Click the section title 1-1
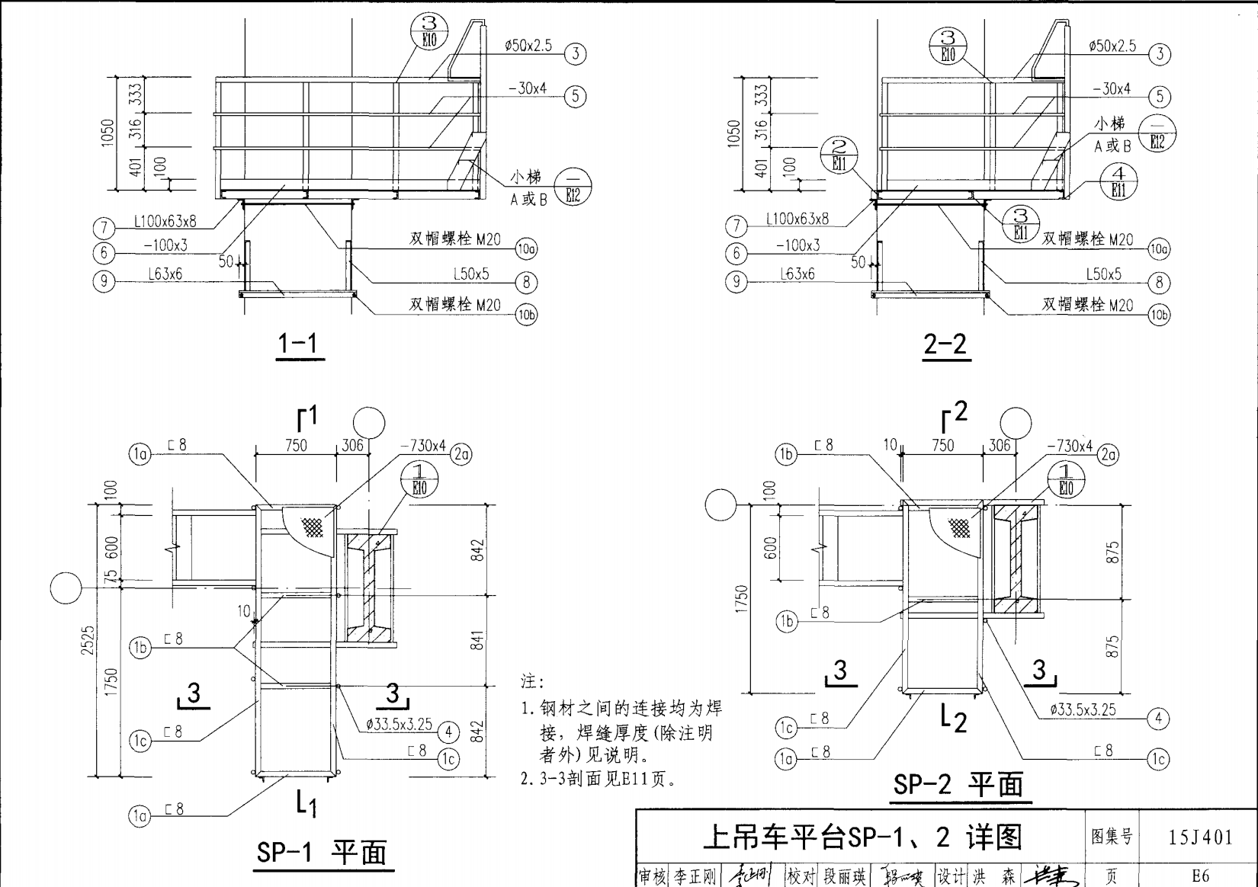point(300,344)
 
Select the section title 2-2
point(945,345)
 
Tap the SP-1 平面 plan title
point(322,852)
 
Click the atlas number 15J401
point(1201,837)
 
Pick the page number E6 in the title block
point(1201,876)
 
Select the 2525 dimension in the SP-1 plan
point(88,640)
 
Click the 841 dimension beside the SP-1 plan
point(477,640)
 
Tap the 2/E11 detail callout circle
point(839,155)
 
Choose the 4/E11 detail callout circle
point(1118,183)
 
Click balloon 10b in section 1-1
point(527,315)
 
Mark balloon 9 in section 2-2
point(736,281)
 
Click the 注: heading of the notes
point(532,680)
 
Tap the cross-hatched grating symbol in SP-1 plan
point(312,526)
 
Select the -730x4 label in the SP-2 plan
point(1069,446)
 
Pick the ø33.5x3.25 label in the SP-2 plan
point(1083,709)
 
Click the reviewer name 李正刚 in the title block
point(695,877)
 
